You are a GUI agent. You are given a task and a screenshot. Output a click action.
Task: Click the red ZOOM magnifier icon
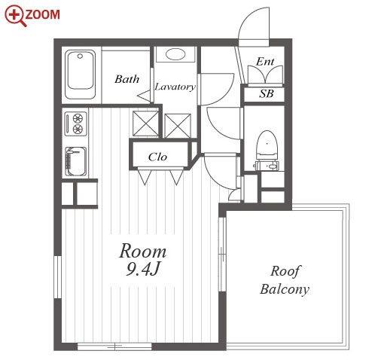coord(14,15)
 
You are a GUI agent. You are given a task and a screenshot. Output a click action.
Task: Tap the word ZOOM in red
coord(43,14)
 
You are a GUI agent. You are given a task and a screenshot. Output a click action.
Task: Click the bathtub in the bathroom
coord(81,75)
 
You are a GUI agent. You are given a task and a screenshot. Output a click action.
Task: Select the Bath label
coord(127,79)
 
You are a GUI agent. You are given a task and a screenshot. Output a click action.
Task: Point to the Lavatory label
coord(175,87)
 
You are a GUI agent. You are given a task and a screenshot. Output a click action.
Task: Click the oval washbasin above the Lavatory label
coord(175,54)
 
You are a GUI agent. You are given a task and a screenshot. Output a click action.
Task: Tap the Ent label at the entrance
coord(265,62)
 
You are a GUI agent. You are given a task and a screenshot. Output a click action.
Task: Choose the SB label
coord(267,93)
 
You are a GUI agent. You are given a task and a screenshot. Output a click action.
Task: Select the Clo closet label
coord(157,157)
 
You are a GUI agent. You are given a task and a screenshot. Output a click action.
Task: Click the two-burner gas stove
coord(76,124)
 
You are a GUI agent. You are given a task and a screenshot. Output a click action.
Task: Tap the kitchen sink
coord(76,161)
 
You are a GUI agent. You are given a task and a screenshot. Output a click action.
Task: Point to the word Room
coord(142,251)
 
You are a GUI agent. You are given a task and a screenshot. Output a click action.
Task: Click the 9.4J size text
coord(142,269)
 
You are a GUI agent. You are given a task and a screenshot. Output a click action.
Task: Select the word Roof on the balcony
coord(285,271)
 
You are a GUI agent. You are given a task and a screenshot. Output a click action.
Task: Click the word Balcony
coord(285,289)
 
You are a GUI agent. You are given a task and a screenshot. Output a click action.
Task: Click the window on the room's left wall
coord(58,277)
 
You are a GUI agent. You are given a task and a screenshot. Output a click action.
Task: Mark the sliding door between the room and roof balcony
coord(222,255)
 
